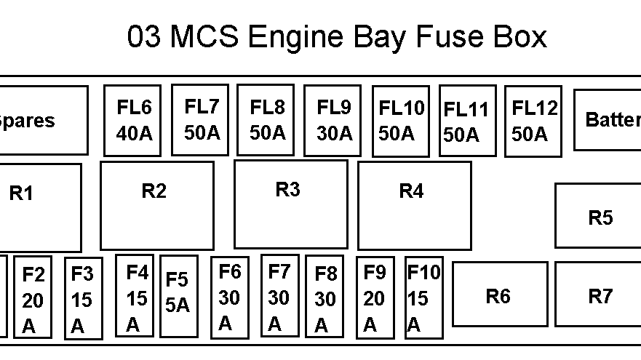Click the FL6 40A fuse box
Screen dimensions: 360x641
(x=132, y=121)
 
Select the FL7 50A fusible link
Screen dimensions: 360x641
(x=199, y=119)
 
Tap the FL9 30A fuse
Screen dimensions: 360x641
(x=332, y=121)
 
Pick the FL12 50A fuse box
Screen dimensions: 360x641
(x=533, y=121)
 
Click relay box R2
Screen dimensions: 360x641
(x=156, y=205)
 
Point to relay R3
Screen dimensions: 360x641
(x=290, y=204)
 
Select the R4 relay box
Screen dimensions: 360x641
(x=414, y=205)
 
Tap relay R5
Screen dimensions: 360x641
(x=600, y=216)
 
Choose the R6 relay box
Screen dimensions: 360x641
(x=499, y=294)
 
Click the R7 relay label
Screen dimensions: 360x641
(x=600, y=296)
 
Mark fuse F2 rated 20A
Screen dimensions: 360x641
(x=33, y=297)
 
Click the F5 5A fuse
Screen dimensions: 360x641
(x=178, y=295)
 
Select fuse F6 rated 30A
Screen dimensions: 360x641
(x=229, y=297)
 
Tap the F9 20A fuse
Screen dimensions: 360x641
(x=375, y=297)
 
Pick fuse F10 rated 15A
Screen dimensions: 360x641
(x=423, y=297)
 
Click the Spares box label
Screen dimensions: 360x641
(x=27, y=121)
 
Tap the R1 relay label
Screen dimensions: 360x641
(x=21, y=193)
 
